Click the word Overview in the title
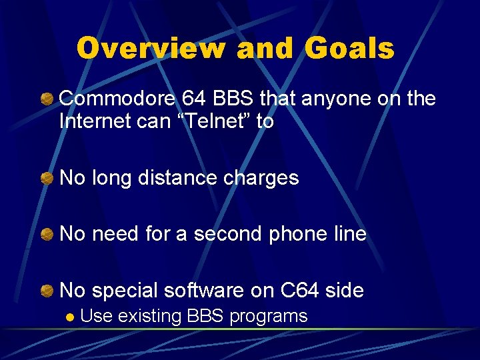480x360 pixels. tap(151, 48)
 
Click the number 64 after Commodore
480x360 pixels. tap(195, 99)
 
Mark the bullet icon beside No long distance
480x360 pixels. tap(46, 179)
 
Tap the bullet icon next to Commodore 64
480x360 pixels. tap(46, 100)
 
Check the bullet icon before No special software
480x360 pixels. tap(46, 291)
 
